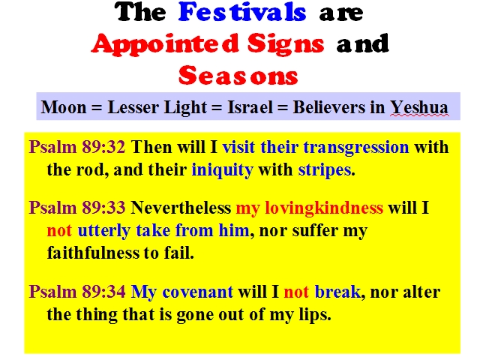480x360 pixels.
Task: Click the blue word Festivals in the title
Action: pos(242,12)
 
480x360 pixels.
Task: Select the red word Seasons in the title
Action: pos(238,75)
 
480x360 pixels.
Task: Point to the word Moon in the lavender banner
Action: pos(64,107)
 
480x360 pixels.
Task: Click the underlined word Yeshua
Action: pos(419,108)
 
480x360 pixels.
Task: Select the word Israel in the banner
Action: pos(250,107)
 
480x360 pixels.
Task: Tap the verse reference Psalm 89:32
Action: pos(77,147)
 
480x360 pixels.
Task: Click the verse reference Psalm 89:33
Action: pos(77,208)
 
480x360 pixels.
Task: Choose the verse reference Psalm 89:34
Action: pos(77,292)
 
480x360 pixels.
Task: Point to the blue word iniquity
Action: pos(222,170)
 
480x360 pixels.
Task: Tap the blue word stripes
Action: pos(325,170)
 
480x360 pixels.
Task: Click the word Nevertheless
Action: pos(181,208)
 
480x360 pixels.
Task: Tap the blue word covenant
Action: pos(197,292)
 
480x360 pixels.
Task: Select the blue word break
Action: pos(337,292)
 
